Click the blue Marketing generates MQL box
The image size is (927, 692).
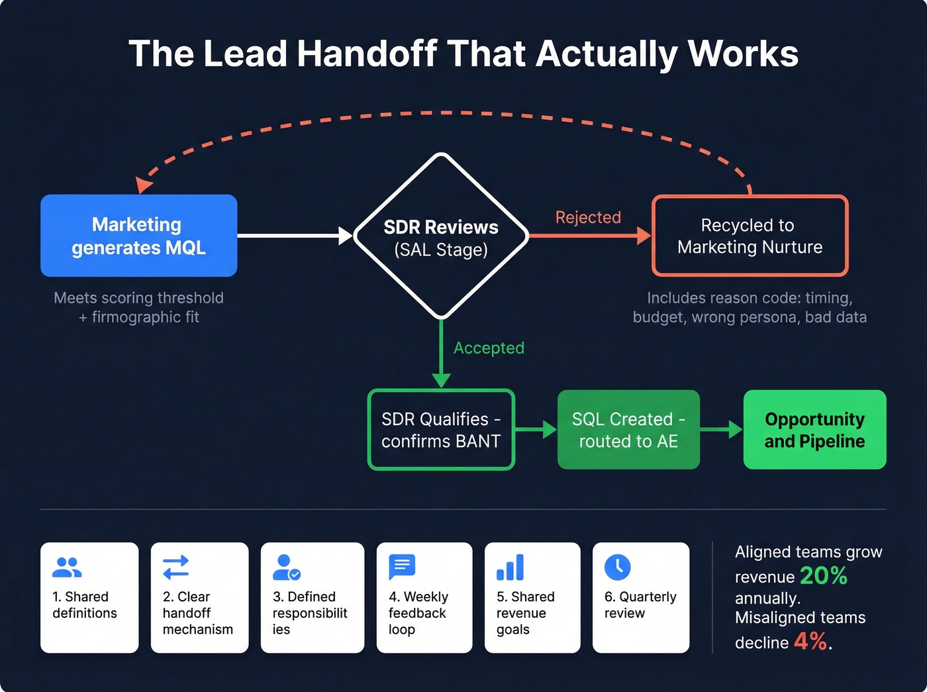pyautogui.click(x=138, y=236)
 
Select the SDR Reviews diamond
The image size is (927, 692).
pyautogui.click(x=441, y=236)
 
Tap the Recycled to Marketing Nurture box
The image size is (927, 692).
pyautogui.click(x=750, y=236)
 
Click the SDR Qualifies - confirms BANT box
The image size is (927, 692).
pyautogui.click(x=441, y=430)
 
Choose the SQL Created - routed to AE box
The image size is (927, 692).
pyautogui.click(x=628, y=430)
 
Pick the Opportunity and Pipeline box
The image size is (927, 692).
pyautogui.click(x=814, y=430)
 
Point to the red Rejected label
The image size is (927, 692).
pyautogui.click(x=588, y=217)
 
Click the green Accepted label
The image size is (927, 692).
pyautogui.click(x=489, y=348)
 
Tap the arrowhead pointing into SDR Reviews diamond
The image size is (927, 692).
pyautogui.click(x=346, y=235)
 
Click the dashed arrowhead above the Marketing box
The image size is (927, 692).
pyautogui.click(x=143, y=185)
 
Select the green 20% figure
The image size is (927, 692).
pyautogui.click(x=823, y=575)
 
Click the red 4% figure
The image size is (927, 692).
pyautogui.click(x=810, y=641)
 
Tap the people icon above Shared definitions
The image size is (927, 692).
pyautogui.click(x=67, y=568)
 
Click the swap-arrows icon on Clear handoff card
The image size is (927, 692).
pyautogui.click(x=176, y=568)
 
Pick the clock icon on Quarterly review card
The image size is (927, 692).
pyautogui.click(x=617, y=567)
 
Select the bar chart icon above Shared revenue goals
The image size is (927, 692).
pyautogui.click(x=510, y=568)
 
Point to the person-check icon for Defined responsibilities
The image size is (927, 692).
pyautogui.click(x=287, y=568)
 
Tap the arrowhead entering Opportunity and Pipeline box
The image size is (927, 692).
pyautogui.click(x=736, y=430)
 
